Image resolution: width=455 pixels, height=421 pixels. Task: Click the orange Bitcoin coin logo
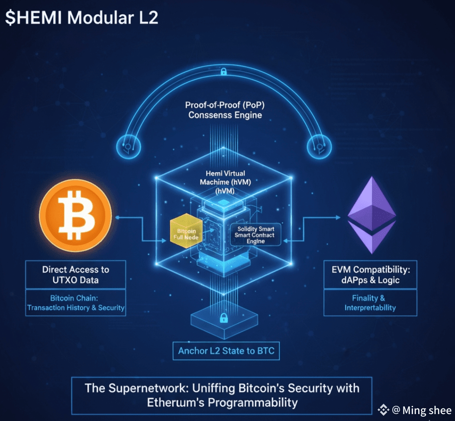75,215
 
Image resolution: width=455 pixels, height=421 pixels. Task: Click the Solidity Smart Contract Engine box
255,235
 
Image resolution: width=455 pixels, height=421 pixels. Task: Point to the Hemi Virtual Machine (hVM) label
226,182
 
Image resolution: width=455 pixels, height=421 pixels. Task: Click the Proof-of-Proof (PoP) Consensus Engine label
225,110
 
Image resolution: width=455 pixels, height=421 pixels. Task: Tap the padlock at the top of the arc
223,71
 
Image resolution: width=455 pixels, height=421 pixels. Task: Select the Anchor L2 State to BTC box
226,350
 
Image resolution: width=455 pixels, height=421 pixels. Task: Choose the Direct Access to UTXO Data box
76,274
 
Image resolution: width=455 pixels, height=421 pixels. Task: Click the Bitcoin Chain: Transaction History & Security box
76,303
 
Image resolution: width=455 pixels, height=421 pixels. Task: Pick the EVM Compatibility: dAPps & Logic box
370,274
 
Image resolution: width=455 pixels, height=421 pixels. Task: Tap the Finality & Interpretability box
370,303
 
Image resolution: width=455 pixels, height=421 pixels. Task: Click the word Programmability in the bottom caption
253,402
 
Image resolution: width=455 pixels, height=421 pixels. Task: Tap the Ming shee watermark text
427,410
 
